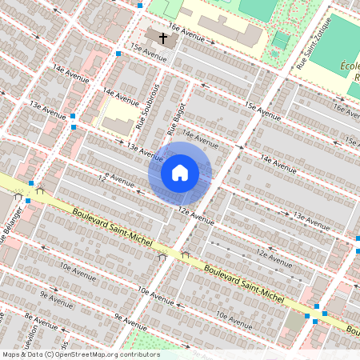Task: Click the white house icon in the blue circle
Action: (x=180, y=173)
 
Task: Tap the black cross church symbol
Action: (x=163, y=38)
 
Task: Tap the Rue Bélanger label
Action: (x=10, y=225)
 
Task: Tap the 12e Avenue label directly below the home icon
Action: (x=197, y=214)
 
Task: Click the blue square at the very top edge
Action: (x=140, y=5)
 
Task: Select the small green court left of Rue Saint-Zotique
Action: (x=281, y=39)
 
